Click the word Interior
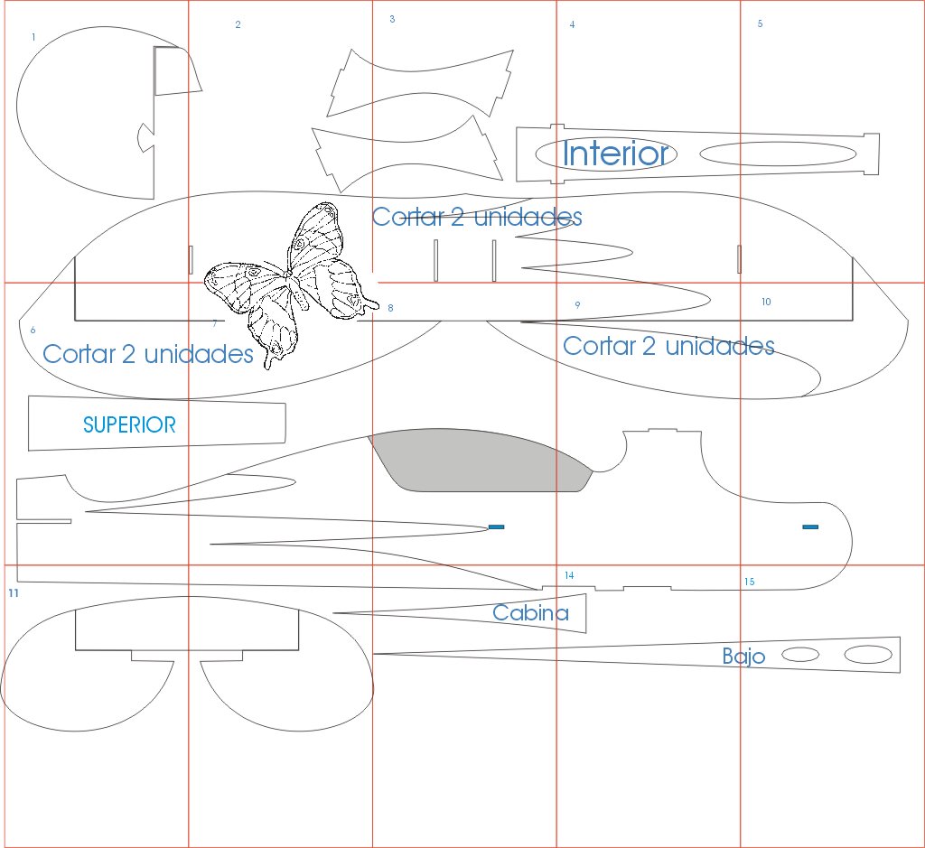(x=617, y=154)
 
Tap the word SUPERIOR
(x=129, y=424)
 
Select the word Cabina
(x=530, y=613)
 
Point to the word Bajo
(x=743, y=657)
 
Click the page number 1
(x=33, y=38)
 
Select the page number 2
(x=238, y=25)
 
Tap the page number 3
(x=392, y=19)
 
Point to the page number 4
(x=572, y=25)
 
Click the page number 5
(x=760, y=23)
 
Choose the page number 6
(x=33, y=331)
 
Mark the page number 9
(x=577, y=305)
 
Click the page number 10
(x=766, y=302)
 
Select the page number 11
(x=13, y=593)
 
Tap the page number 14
(x=569, y=575)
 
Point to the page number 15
(x=749, y=582)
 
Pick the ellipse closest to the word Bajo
(x=799, y=655)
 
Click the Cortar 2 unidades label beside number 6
(x=148, y=354)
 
